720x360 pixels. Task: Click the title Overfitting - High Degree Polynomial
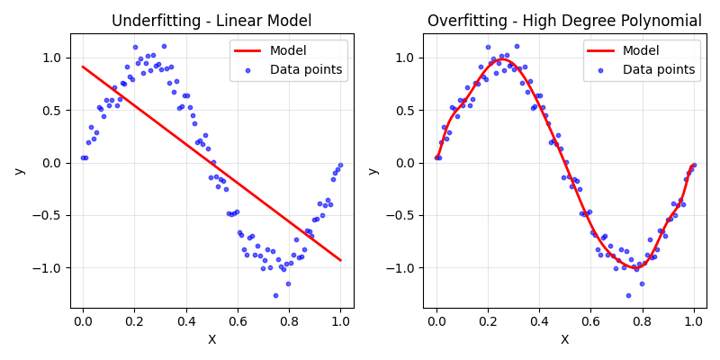point(564,21)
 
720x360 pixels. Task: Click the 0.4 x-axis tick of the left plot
point(185,320)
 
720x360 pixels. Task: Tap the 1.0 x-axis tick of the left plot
point(340,320)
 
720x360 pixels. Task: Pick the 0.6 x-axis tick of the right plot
point(590,320)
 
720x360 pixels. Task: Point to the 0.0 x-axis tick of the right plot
point(436,320)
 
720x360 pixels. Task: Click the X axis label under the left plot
point(211,339)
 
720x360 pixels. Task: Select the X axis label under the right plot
point(565,339)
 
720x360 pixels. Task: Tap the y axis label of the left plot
point(19,171)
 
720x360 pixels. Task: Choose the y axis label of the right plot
point(373,171)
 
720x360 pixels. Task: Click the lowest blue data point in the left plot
point(275,295)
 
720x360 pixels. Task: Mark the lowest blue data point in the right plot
point(628,295)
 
